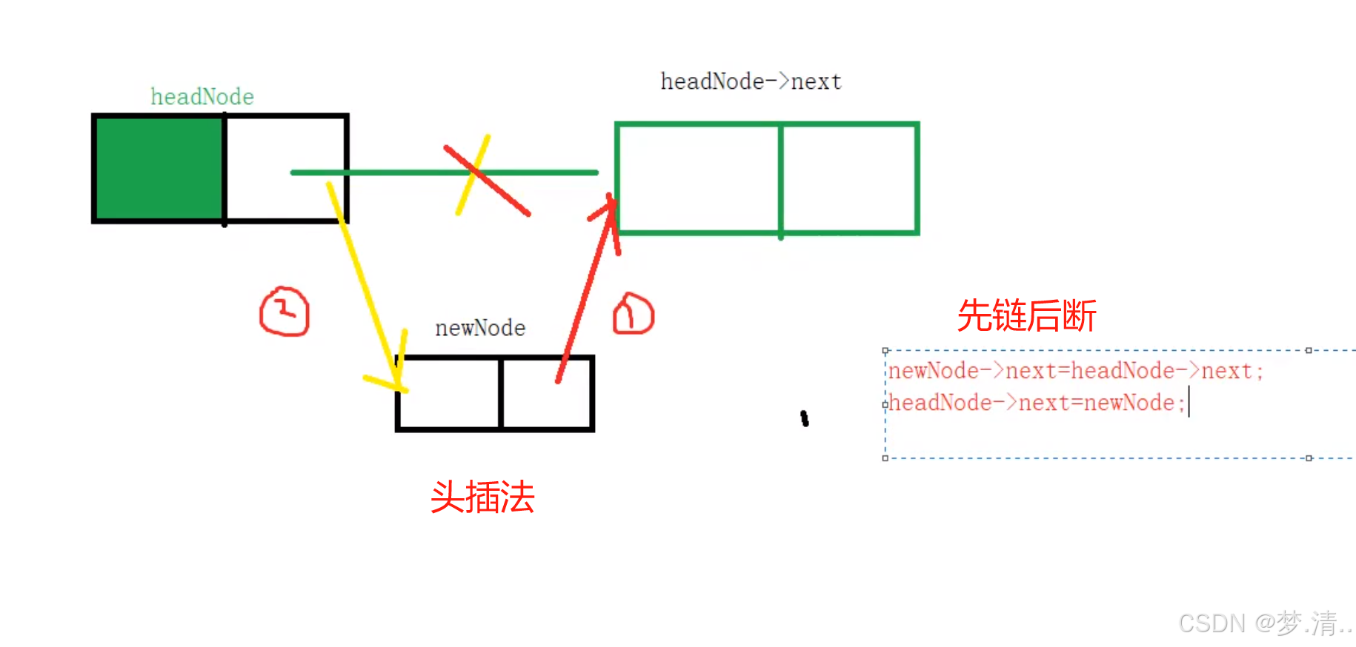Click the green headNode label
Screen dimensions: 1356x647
tap(202, 97)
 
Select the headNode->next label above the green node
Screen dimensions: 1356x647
tap(751, 81)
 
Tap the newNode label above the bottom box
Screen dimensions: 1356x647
tap(480, 328)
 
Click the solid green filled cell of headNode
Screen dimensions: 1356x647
tap(159, 168)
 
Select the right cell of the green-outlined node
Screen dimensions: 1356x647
tap(849, 178)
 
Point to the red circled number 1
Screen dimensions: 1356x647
tap(633, 314)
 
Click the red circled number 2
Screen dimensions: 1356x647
tap(285, 312)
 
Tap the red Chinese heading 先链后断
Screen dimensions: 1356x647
tap(1026, 316)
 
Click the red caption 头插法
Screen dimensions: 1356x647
tap(482, 497)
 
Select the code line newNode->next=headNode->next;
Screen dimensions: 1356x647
tap(1075, 371)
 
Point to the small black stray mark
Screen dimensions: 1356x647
tap(805, 419)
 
